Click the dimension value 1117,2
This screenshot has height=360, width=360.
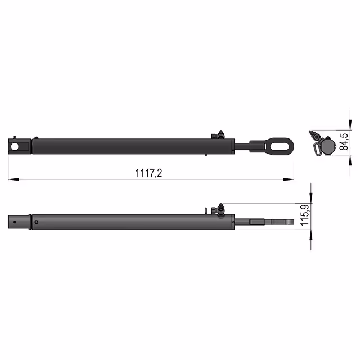(x=148, y=173)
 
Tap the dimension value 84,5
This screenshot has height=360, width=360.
(x=344, y=141)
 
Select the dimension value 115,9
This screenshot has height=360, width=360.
(x=305, y=215)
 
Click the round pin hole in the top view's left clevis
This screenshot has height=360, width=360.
(x=15, y=146)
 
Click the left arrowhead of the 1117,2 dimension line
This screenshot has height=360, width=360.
(x=13, y=179)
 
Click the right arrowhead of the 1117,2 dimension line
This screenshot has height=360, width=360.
(x=289, y=179)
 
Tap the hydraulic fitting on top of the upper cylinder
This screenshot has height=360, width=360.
(x=218, y=135)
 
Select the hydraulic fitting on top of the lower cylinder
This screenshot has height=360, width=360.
(x=218, y=209)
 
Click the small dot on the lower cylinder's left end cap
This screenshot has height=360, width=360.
(x=15, y=222)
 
